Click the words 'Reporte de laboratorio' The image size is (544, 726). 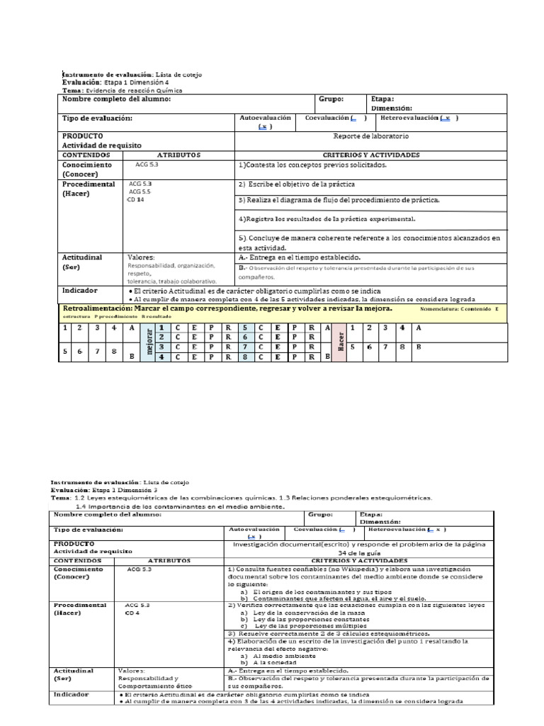[x=370, y=136]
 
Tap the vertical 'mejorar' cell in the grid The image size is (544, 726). [x=149, y=342]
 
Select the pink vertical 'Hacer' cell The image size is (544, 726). [x=339, y=342]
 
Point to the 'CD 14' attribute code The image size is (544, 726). [x=135, y=200]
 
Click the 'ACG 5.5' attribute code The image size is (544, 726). [x=140, y=191]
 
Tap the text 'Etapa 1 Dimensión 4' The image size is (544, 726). [x=137, y=82]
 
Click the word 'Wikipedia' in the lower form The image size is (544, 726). [x=370, y=569]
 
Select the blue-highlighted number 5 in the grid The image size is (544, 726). [x=244, y=328]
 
